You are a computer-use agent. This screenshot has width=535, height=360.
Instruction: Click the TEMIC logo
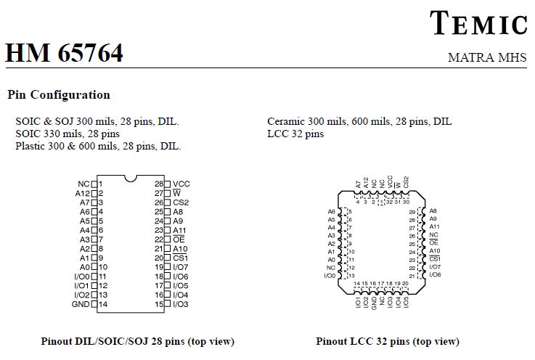[x=478, y=22]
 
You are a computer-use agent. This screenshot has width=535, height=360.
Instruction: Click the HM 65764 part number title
[x=64, y=52]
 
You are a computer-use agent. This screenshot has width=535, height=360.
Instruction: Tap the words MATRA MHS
[x=487, y=57]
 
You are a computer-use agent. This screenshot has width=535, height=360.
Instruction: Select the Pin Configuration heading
[x=59, y=94]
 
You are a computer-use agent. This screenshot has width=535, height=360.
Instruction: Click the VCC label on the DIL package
[x=181, y=184]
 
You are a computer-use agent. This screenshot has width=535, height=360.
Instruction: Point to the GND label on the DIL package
[x=81, y=304]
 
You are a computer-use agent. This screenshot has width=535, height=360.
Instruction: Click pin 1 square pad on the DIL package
[x=94, y=184]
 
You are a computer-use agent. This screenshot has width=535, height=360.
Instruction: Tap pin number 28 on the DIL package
[x=159, y=184]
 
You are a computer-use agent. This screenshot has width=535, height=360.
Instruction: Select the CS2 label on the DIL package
[x=181, y=202]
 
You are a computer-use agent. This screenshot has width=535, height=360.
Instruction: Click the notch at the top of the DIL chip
[x=131, y=178]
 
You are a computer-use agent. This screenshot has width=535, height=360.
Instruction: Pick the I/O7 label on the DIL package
[x=181, y=267]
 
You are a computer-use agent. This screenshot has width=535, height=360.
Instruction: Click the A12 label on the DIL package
[x=83, y=194]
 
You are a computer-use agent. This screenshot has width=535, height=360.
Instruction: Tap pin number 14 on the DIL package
[x=103, y=304]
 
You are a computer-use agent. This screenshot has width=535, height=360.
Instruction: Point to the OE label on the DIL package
[x=179, y=240]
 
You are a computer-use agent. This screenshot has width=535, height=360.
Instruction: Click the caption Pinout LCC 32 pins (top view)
[x=388, y=341]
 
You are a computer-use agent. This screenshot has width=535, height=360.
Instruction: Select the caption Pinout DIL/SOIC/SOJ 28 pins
[x=113, y=341]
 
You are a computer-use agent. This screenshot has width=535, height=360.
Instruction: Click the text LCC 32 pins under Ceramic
[x=295, y=134]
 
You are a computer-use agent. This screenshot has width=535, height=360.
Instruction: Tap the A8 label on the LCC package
[x=433, y=211]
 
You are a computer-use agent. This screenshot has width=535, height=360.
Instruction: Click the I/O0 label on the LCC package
[x=330, y=275]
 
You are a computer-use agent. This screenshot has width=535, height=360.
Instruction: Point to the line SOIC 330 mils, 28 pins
[x=68, y=134]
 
